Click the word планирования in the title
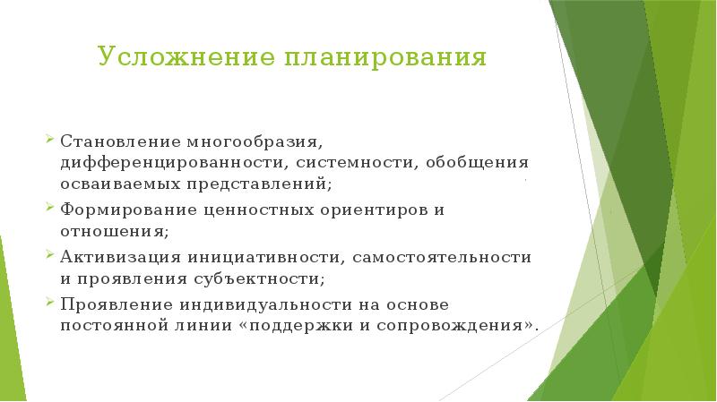[385, 59]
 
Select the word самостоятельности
[443, 257]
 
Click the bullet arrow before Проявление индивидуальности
[51, 301]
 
